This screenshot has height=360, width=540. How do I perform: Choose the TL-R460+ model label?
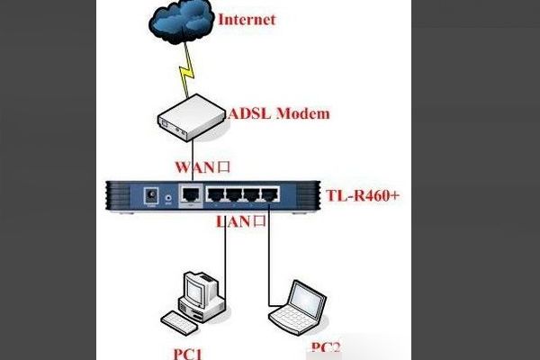pyautogui.click(x=361, y=195)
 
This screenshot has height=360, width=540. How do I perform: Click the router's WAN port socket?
pyautogui.click(x=190, y=193)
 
